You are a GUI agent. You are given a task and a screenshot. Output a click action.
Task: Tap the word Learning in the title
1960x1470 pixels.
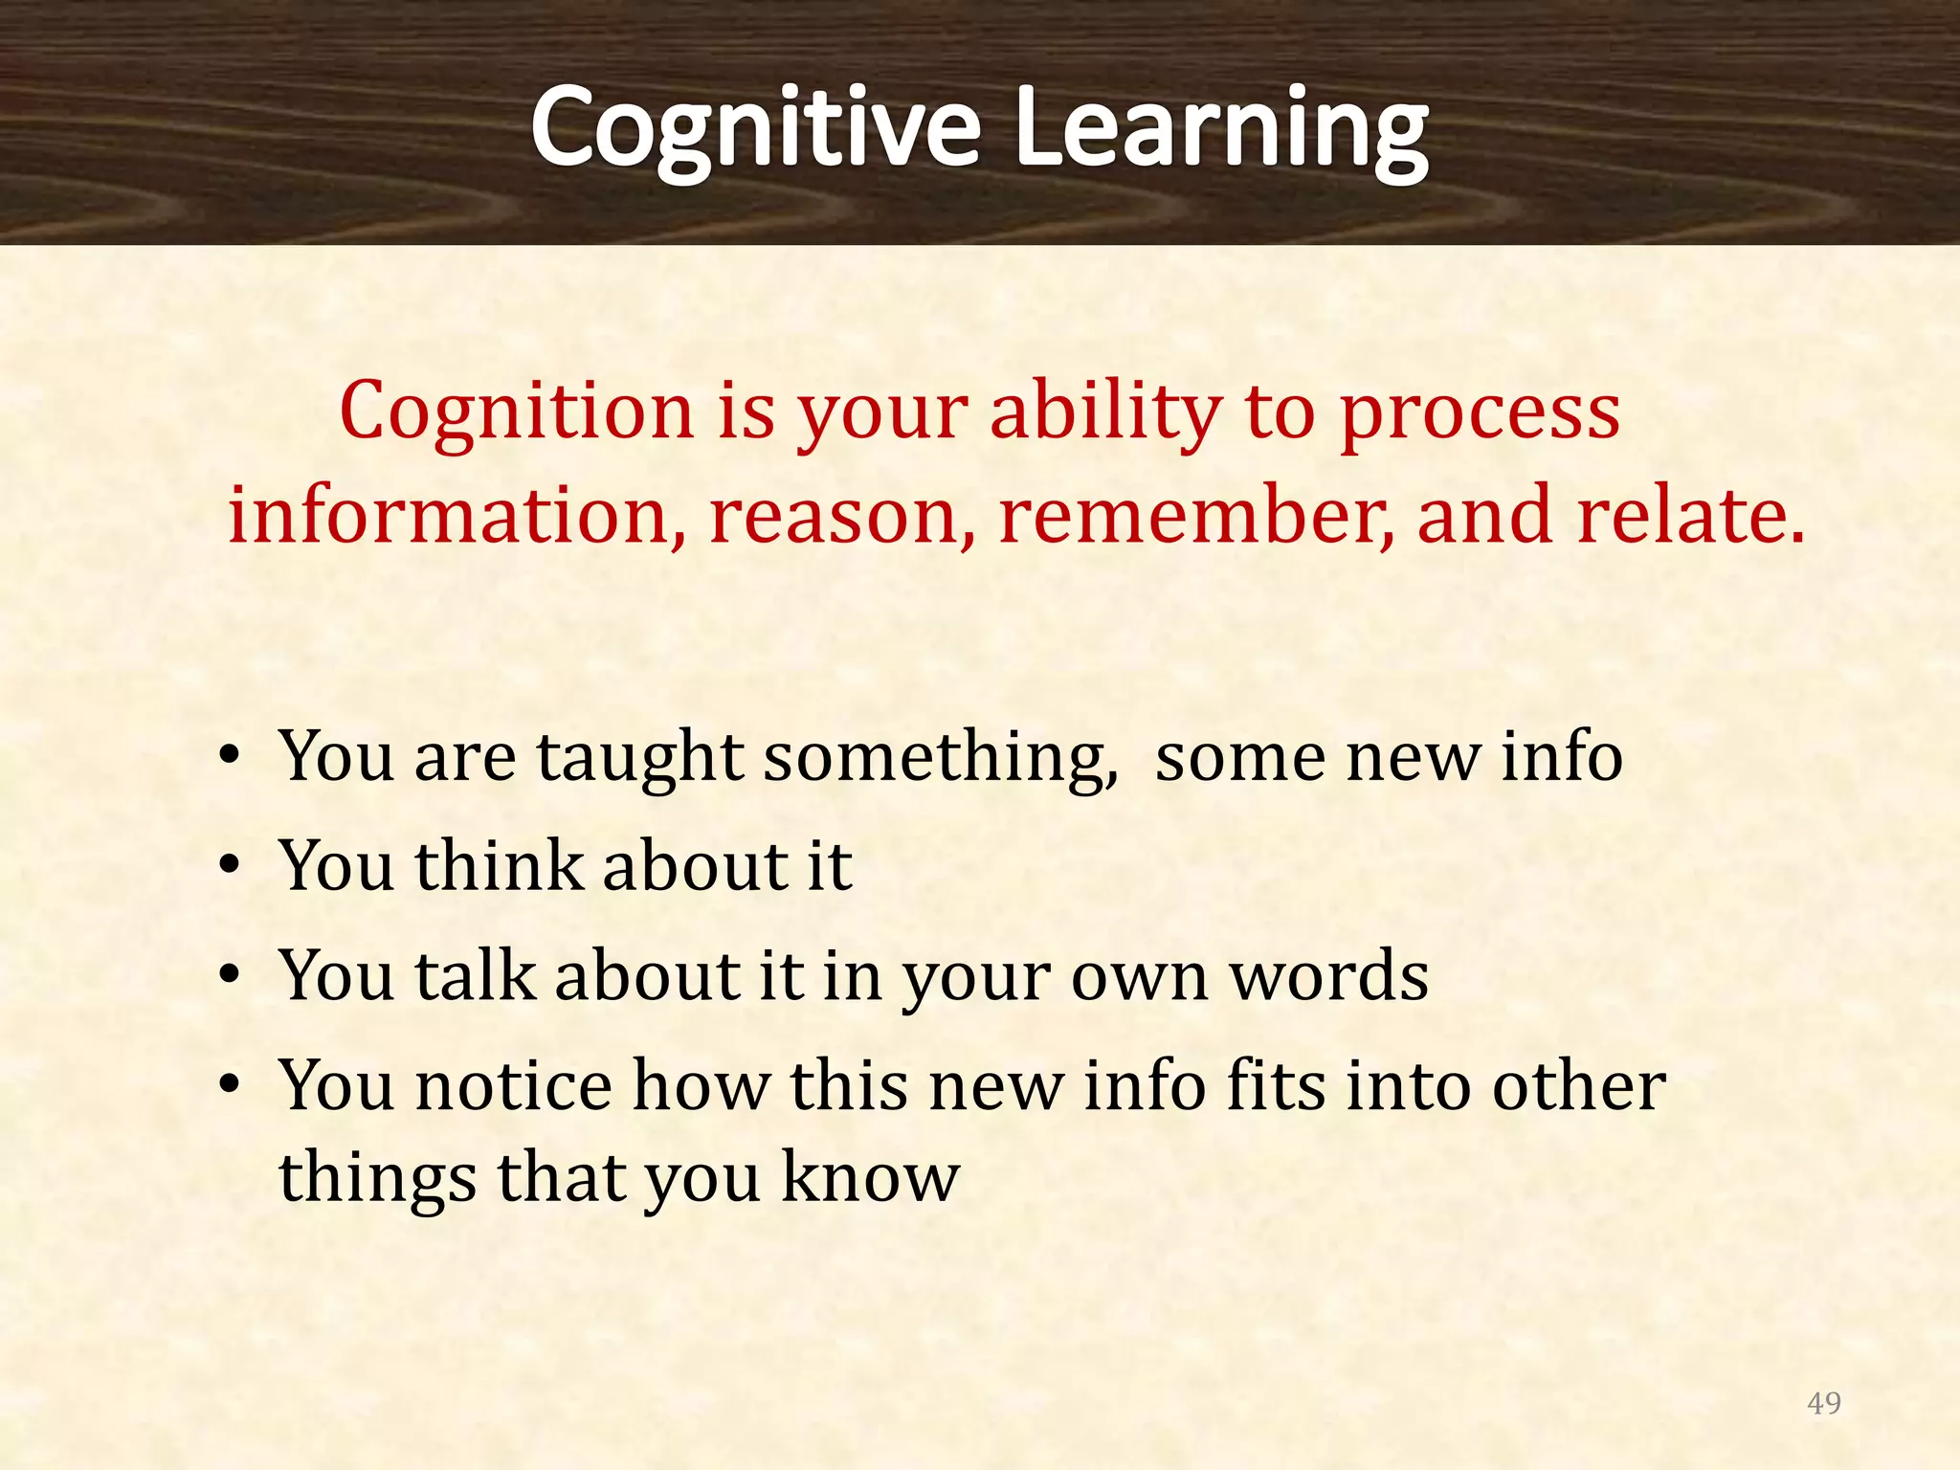[x=1220, y=129]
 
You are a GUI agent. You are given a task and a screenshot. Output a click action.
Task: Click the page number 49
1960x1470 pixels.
[x=1823, y=1403]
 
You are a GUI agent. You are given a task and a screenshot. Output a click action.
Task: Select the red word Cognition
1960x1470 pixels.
[x=516, y=412]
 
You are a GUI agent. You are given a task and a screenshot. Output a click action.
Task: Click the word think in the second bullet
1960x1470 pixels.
[x=498, y=867]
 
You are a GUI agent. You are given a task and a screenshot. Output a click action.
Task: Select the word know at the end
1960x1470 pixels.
[x=870, y=1177]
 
